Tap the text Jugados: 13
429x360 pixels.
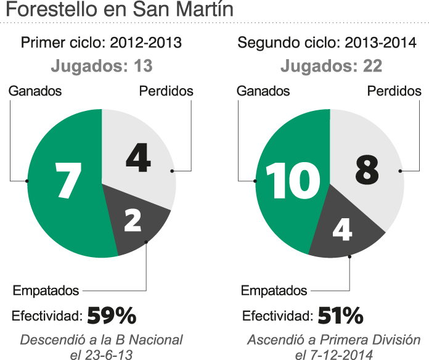101,65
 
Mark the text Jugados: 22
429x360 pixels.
331,65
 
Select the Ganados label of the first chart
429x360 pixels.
35,91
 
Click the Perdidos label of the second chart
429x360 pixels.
394,91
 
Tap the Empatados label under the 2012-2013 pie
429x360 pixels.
46,290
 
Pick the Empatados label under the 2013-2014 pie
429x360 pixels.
274,290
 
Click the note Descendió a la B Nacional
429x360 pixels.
102,340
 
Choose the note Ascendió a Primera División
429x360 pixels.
333,340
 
